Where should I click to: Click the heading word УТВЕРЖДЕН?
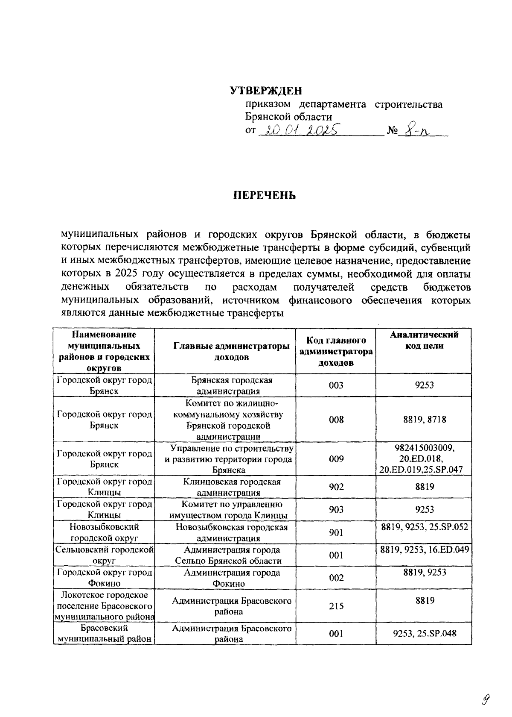(266, 91)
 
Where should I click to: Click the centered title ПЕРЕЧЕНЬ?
(265, 196)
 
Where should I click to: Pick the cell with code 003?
(336, 385)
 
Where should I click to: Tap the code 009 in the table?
(336, 459)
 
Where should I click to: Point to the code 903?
(336, 509)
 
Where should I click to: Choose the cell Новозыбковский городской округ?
(104, 532)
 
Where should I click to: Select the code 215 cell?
(336, 606)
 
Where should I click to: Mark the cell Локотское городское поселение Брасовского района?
(104, 606)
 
